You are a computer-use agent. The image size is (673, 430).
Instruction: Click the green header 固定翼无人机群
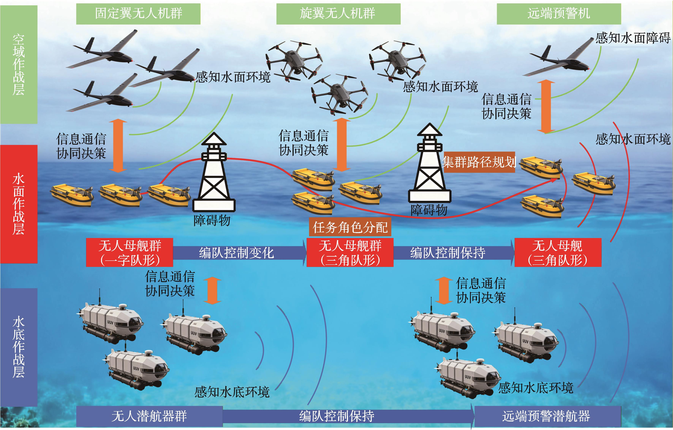click(x=138, y=13)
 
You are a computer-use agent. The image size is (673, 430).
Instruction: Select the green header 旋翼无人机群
click(x=338, y=13)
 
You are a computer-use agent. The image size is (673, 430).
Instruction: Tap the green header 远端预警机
click(x=559, y=13)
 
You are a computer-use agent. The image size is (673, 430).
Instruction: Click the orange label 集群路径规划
click(x=479, y=162)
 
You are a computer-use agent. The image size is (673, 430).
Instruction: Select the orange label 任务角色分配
click(x=350, y=227)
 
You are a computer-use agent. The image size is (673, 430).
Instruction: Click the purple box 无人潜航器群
click(x=149, y=416)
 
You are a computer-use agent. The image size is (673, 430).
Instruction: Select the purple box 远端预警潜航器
click(x=547, y=416)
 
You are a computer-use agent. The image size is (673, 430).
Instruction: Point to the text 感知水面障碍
click(x=633, y=38)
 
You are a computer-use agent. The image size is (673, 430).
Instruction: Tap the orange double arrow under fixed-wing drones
click(x=118, y=145)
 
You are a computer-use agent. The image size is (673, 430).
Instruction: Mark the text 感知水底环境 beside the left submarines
click(x=232, y=392)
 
